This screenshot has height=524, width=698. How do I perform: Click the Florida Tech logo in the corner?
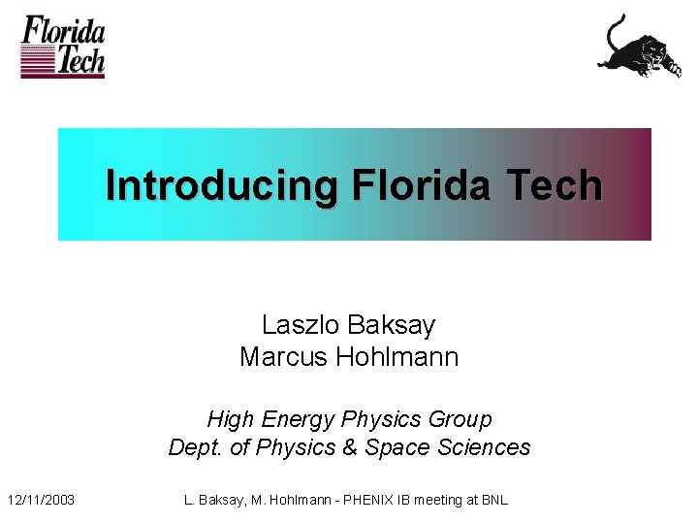click(63, 47)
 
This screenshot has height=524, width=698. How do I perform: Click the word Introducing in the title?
click(221, 184)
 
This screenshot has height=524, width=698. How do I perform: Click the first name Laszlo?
click(297, 324)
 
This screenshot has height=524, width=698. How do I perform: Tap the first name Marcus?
click(283, 357)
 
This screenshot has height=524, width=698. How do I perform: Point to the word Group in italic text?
click(462, 419)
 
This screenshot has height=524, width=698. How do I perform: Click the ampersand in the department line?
click(347, 447)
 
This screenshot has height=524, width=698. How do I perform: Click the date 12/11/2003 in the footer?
click(44, 500)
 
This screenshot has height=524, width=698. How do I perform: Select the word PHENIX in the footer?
click(363, 500)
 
